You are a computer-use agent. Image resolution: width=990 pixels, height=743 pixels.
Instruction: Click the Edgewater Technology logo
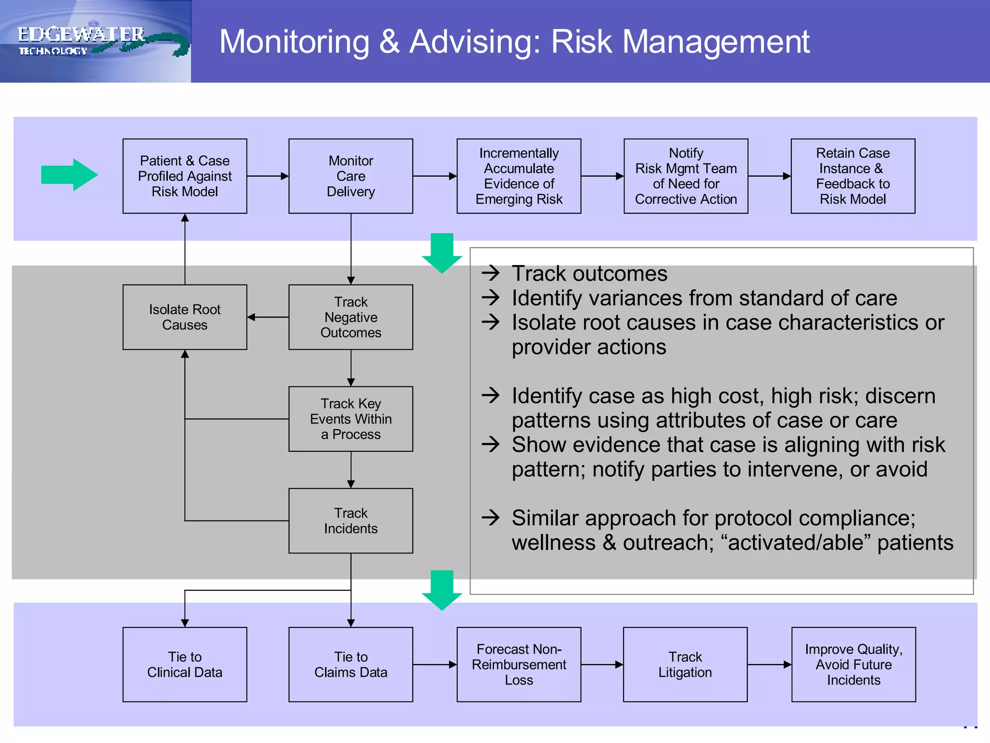(x=95, y=41)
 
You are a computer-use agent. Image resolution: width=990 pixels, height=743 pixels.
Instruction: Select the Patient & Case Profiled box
(x=185, y=176)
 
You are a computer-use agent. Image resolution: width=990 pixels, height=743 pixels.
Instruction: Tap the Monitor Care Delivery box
(x=350, y=176)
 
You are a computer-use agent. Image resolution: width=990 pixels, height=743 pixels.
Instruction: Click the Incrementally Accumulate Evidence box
(x=519, y=176)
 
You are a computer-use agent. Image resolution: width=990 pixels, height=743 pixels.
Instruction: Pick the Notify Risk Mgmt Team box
(x=685, y=176)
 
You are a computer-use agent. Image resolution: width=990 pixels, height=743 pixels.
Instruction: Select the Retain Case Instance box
(x=853, y=176)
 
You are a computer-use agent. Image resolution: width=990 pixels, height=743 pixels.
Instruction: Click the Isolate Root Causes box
(x=185, y=317)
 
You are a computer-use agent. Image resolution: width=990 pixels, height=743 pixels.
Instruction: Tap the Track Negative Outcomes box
(x=350, y=317)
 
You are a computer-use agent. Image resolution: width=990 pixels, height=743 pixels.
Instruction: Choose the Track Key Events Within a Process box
(x=350, y=419)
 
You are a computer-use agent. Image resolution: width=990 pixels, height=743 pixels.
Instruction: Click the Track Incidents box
(x=350, y=520)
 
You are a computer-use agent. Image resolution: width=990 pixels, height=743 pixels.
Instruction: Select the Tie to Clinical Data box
(x=185, y=664)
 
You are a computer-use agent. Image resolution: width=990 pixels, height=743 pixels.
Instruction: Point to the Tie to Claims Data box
(x=350, y=664)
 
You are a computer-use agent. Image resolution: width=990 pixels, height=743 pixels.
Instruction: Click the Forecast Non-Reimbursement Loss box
(x=519, y=664)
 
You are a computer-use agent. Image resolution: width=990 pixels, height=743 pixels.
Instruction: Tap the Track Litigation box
(x=685, y=664)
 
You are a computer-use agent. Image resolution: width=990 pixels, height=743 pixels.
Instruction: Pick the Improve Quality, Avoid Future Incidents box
(x=853, y=664)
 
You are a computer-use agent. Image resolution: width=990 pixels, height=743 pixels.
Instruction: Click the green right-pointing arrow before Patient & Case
(x=69, y=175)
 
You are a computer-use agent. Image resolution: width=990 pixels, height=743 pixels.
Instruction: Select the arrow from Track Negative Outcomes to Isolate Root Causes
(x=268, y=317)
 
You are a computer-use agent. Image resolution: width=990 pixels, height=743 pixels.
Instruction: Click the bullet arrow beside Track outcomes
(x=491, y=273)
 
